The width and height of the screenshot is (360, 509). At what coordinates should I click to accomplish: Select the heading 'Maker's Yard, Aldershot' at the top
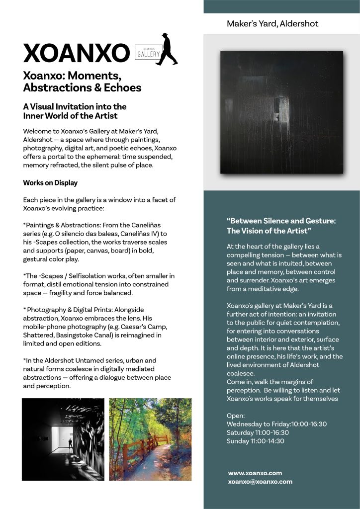tap(272, 24)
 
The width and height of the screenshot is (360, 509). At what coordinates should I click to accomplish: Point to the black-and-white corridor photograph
tap(62, 439)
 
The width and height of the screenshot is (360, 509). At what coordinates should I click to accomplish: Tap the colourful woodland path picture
tap(150, 439)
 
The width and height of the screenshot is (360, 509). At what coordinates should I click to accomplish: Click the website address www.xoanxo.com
tap(255, 473)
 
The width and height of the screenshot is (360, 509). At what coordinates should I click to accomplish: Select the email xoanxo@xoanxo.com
tap(260, 482)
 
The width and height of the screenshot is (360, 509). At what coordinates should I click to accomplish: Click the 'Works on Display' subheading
tap(50, 183)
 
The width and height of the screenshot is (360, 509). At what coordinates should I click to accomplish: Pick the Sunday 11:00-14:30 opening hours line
tap(255, 441)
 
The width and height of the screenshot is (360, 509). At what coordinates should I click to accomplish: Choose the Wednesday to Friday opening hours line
tap(276, 424)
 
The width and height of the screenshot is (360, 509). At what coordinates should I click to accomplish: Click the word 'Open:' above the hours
tap(236, 416)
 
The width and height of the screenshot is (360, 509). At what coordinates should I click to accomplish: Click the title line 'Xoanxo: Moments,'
tap(72, 77)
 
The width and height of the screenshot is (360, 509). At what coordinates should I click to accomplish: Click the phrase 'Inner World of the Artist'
tap(70, 116)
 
